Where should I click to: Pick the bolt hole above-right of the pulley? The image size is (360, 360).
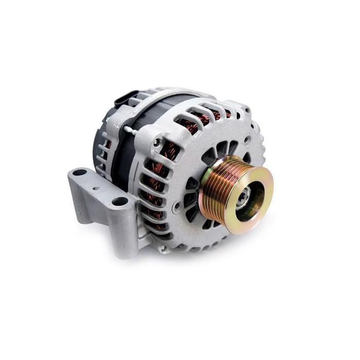click(248, 138)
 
